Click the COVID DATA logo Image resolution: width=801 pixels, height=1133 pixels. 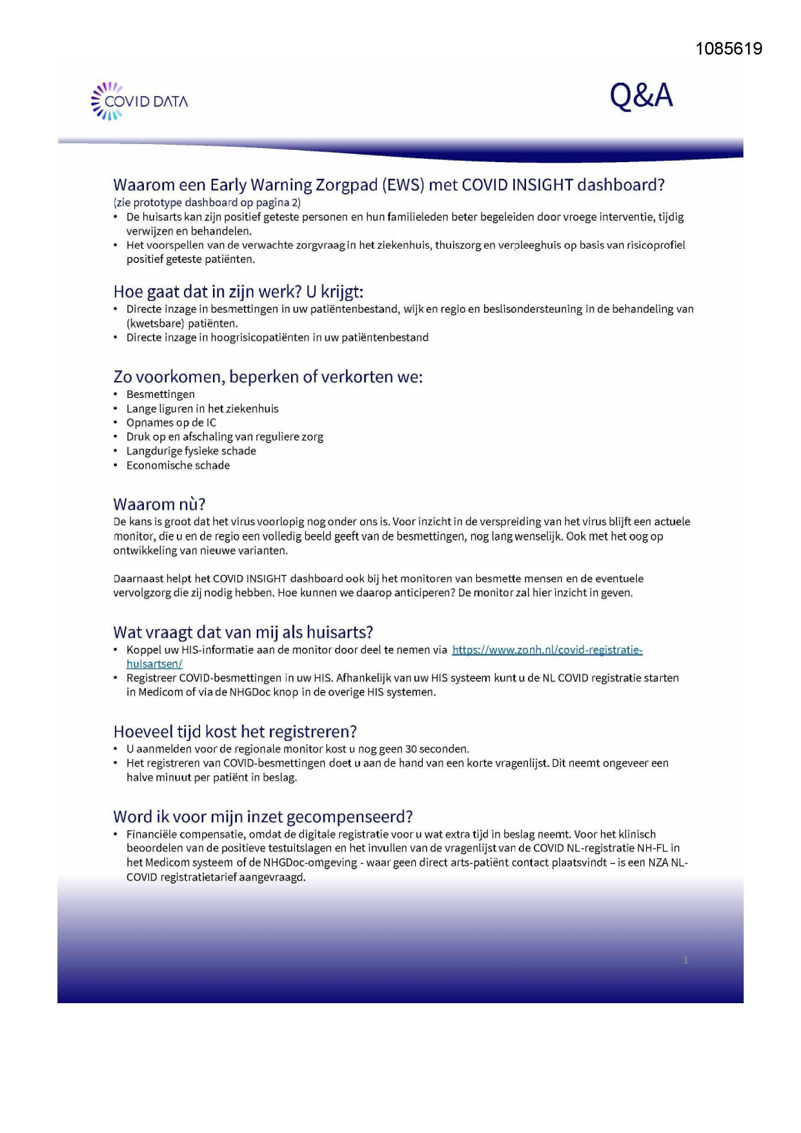140,101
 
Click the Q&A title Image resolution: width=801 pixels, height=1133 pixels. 641,96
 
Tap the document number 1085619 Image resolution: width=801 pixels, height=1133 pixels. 729,49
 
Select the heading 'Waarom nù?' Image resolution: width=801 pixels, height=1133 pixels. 159,504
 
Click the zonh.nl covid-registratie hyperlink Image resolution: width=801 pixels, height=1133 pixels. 547,650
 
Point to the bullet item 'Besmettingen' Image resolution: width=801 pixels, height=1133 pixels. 161,394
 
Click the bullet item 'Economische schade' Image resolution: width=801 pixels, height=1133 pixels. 178,465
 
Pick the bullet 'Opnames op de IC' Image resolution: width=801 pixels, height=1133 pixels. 171,422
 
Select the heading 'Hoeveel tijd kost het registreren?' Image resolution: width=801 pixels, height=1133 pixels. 235,731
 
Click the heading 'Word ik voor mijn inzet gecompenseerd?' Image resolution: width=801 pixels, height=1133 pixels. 263,816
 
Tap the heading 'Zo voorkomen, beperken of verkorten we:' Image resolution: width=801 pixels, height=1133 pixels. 268,377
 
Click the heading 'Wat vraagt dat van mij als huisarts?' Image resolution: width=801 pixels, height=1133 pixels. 243,632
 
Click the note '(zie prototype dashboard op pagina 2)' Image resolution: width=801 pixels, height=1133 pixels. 207,202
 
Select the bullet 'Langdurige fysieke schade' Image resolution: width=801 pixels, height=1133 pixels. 191,451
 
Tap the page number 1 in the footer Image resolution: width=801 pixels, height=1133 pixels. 685,960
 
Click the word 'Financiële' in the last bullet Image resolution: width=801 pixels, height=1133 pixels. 154,834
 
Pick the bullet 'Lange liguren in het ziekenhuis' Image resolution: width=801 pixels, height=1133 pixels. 203,408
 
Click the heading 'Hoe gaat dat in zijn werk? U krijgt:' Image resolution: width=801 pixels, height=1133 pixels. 238,292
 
